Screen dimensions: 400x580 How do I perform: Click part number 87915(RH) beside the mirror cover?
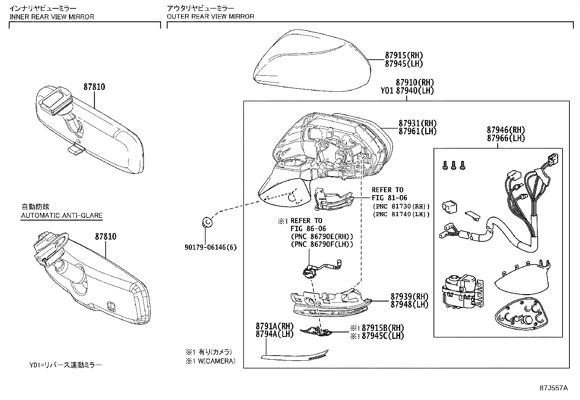coord(404,55)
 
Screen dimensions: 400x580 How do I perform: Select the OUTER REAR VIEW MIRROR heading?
coord(210,16)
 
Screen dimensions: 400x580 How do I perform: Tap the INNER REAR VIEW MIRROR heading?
coord(51,16)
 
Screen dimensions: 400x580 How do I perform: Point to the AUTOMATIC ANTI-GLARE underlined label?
coord(62,215)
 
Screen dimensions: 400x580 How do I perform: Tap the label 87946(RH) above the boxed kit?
coord(506,130)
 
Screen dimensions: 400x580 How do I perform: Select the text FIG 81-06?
coord(389,198)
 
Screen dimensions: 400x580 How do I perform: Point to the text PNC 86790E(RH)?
coord(322,237)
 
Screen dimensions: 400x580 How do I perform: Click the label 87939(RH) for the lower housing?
coord(409,296)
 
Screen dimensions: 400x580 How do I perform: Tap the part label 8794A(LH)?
coord(274,334)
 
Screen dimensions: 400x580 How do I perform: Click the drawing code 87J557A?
coord(554,387)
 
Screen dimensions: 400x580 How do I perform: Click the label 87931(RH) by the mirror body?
coord(417,123)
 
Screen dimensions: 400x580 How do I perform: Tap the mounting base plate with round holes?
coord(521,315)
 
